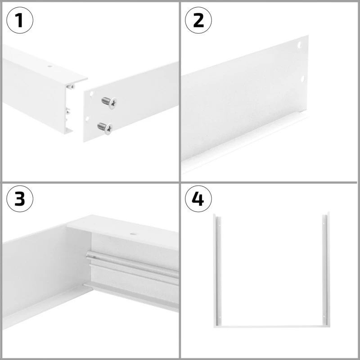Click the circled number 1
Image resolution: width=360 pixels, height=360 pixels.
click(20, 20)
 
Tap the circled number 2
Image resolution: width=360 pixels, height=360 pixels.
click(198, 20)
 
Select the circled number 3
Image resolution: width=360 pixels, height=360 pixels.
click(20, 198)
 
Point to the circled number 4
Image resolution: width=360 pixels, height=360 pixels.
click(198, 198)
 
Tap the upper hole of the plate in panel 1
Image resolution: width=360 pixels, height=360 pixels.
click(91, 95)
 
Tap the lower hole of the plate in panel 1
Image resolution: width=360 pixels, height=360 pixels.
click(87, 118)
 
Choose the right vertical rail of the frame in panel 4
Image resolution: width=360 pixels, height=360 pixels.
click(325, 270)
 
